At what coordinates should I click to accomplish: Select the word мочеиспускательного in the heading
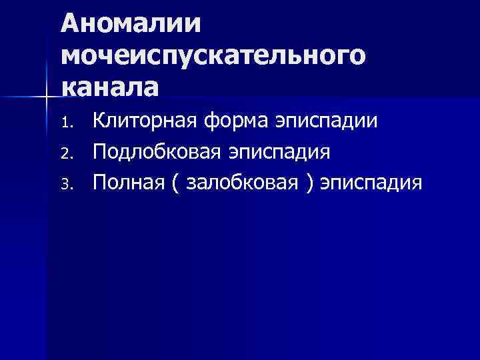click(213, 57)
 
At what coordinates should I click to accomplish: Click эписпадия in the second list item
click(279, 152)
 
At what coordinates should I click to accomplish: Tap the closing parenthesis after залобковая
click(309, 183)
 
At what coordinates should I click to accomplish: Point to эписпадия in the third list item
click(371, 182)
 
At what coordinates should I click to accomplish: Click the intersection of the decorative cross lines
click(45, 97)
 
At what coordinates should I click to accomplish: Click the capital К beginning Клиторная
click(99, 121)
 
